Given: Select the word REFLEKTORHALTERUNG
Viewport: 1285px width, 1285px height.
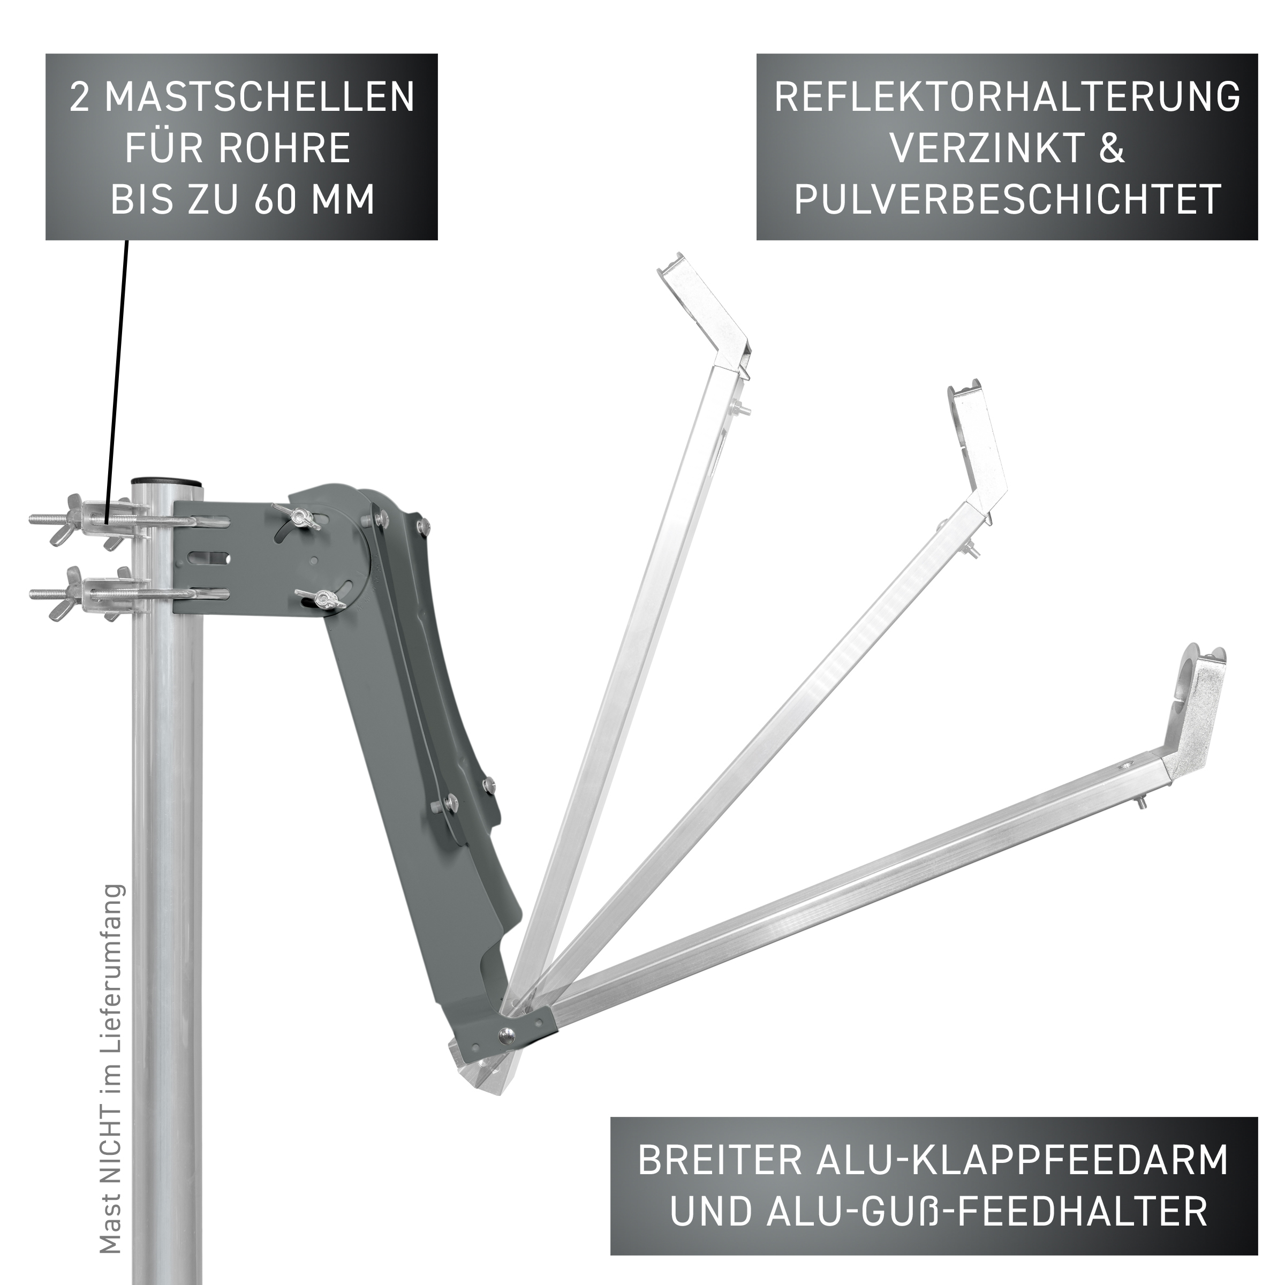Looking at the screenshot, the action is (1007, 97).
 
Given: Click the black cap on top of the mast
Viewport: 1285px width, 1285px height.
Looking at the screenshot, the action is (167, 481).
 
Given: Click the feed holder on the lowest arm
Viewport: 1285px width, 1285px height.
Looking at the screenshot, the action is (1195, 715).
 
